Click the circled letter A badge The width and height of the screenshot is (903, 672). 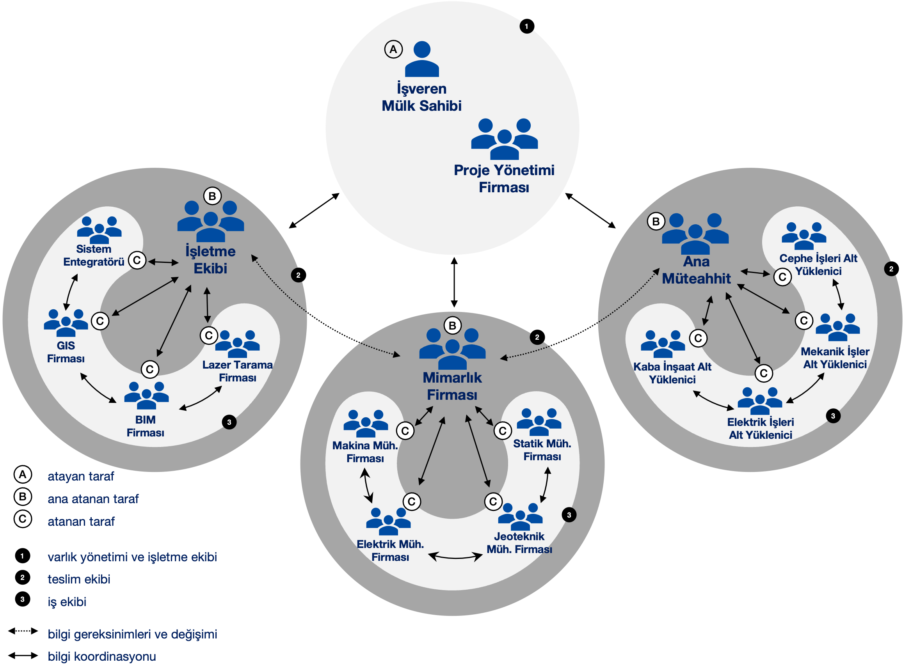pyautogui.click(x=393, y=49)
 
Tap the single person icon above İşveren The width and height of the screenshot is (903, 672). pyautogui.click(x=422, y=59)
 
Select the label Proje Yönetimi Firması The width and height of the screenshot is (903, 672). pyautogui.click(x=504, y=179)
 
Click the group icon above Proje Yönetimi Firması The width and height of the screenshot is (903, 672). pyautogui.click(x=504, y=139)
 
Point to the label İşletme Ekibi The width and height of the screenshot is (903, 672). pyautogui.click(x=210, y=259)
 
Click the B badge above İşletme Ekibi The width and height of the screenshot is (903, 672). pyautogui.click(x=212, y=196)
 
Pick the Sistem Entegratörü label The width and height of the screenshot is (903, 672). pyautogui.click(x=94, y=255)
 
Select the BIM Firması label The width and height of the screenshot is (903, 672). pyautogui.click(x=145, y=426)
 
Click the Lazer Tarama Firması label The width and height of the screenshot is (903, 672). pyautogui.click(x=238, y=371)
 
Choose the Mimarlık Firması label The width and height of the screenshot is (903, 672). pyautogui.click(x=452, y=386)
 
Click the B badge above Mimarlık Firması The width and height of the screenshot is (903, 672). pyautogui.click(x=452, y=325)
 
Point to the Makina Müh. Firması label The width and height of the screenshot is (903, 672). pyautogui.click(x=365, y=452)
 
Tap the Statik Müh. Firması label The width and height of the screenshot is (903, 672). pyautogui.click(x=542, y=450)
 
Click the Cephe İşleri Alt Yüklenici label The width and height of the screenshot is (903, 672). pyautogui.click(x=818, y=264)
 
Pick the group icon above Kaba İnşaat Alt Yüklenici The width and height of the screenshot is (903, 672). pyautogui.click(x=663, y=344)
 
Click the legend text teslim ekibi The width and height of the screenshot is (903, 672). pyautogui.click(x=79, y=579)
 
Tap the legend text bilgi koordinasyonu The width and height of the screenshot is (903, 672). pyautogui.click(x=102, y=656)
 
